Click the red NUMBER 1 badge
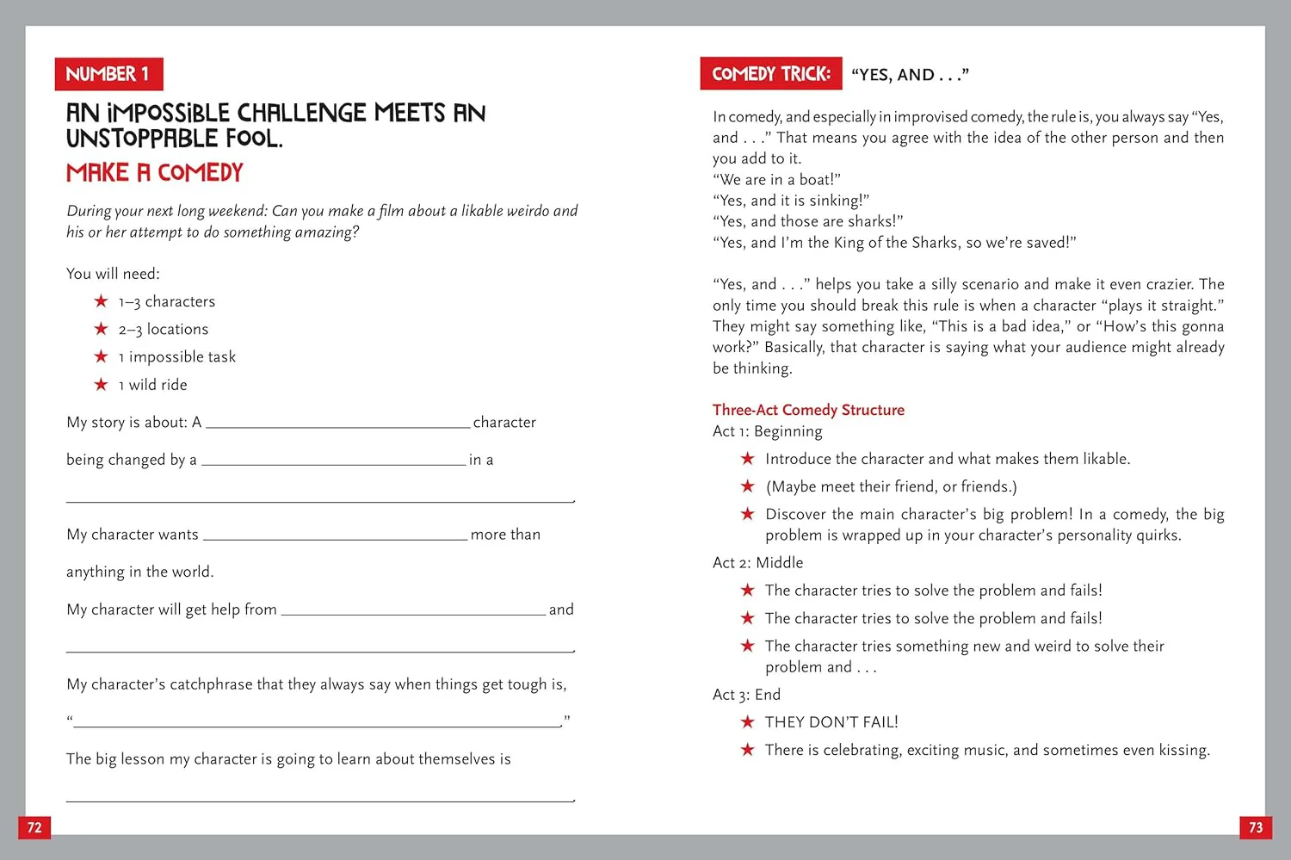click(108, 74)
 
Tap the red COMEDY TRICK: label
click(771, 74)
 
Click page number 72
click(34, 827)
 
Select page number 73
click(1256, 827)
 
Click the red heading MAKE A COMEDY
click(155, 173)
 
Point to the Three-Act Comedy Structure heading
click(808, 410)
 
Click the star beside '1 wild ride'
click(101, 384)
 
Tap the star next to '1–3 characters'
click(101, 300)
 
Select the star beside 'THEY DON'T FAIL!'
click(747, 721)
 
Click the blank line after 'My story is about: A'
click(338, 424)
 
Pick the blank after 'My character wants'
click(335, 535)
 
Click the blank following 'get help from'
click(413, 610)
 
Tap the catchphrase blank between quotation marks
click(317, 723)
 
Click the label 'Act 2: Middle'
click(757, 562)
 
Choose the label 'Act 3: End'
click(746, 694)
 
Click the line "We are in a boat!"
click(776, 179)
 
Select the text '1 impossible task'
click(177, 356)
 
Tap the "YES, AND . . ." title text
click(910, 75)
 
